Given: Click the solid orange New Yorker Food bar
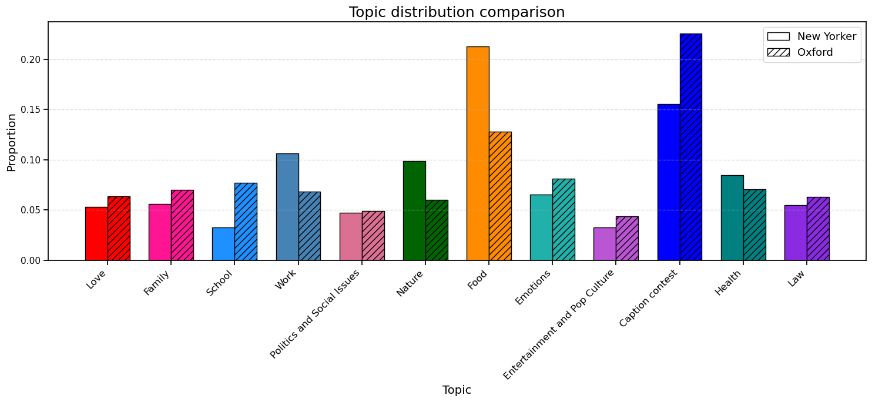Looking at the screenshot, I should click(477, 153).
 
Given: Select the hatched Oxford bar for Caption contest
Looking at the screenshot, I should click(690, 147).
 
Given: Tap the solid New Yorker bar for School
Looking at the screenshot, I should click(223, 244).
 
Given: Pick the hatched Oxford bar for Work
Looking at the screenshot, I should click(310, 226).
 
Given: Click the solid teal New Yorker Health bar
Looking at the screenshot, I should click(732, 217).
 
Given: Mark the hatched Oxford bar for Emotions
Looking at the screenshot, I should click(564, 220).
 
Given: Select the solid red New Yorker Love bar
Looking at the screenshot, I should click(96, 233).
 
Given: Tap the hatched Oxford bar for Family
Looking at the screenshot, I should click(182, 225).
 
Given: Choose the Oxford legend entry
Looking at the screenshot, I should click(814, 52).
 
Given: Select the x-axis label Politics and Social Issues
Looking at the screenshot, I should click(316, 313).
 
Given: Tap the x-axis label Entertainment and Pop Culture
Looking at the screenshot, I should click(559, 324).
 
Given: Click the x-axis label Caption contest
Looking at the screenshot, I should click(650, 298).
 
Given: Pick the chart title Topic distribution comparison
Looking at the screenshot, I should click(457, 12).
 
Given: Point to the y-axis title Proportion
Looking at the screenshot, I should click(12, 142).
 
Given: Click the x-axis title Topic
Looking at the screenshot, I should click(457, 390).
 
